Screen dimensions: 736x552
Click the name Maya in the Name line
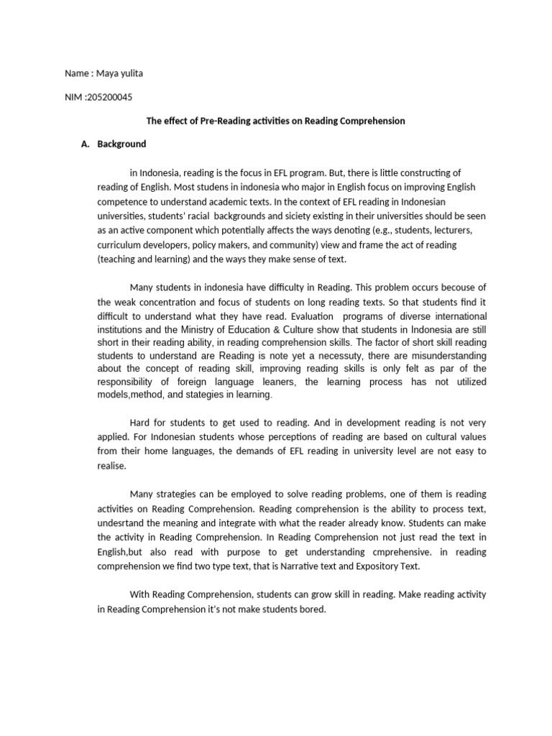(106, 74)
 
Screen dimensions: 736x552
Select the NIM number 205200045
(109, 97)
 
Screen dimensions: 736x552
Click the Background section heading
(121, 144)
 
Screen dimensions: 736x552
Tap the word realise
(112, 465)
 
